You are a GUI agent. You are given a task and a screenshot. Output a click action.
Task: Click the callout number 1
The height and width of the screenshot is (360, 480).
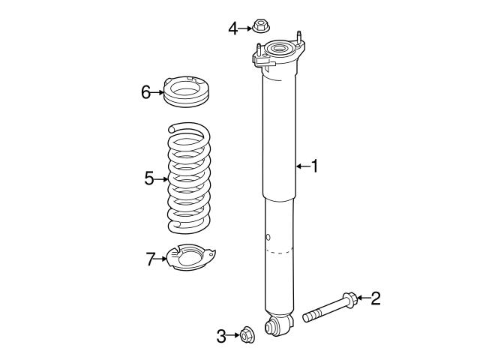[315, 166]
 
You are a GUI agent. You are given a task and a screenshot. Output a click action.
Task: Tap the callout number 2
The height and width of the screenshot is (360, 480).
[375, 298]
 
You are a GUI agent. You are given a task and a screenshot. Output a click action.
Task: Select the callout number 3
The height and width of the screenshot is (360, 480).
[221, 337]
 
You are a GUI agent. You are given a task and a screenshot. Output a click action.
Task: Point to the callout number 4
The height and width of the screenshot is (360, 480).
[233, 28]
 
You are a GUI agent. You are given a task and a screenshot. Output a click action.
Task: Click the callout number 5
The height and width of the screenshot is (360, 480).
[148, 178]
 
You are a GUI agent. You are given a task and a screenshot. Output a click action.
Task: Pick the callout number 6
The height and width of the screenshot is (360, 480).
[145, 92]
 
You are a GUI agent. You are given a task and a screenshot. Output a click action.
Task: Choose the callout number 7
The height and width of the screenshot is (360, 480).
[150, 259]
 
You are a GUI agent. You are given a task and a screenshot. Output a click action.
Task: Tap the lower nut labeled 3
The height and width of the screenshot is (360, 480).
[247, 334]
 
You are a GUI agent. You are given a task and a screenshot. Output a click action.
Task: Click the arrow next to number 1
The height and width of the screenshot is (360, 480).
[302, 166]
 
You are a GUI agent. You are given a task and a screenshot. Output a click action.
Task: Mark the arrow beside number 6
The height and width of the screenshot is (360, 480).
[158, 92]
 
